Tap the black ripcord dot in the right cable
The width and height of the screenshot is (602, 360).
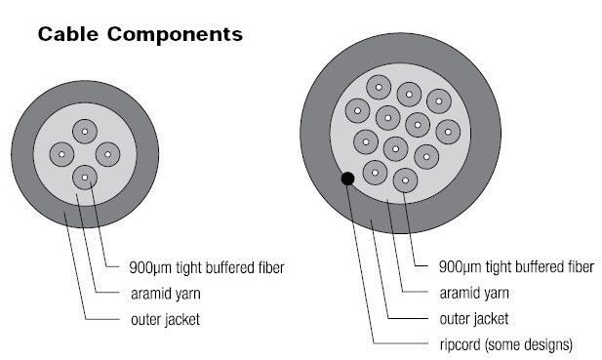pos(346,179)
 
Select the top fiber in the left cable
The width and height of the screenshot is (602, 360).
pos(85,131)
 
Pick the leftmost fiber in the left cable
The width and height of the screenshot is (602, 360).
pos(61,154)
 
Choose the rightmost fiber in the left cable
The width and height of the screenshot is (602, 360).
pos(106,154)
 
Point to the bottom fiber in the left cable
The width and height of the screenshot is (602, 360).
pos(85,177)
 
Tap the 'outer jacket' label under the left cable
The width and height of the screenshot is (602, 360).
pos(166,317)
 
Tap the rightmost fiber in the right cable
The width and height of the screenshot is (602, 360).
pos(448,129)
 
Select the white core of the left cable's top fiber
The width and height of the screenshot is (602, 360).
pos(85,131)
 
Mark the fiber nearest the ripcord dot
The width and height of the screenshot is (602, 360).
pos(374,172)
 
